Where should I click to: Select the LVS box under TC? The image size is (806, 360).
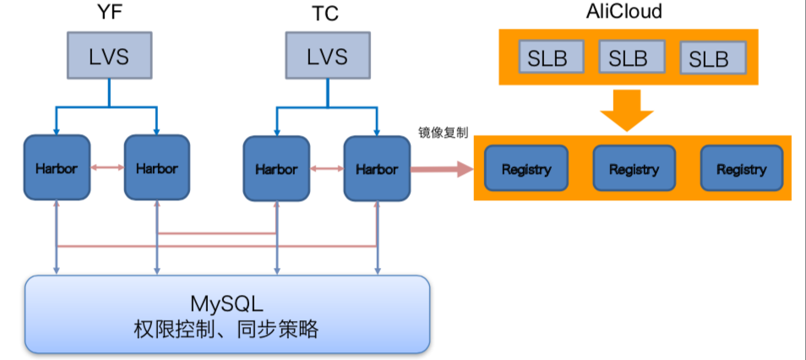[x=327, y=57]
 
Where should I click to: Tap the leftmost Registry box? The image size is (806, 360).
[x=526, y=168]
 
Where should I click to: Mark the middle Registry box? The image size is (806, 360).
[x=634, y=168]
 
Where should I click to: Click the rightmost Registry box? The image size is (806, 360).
[x=741, y=168]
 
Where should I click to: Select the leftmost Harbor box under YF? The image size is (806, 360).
[x=57, y=168]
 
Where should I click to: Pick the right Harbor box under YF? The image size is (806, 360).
[x=157, y=168]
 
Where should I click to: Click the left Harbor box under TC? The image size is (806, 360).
[x=276, y=168]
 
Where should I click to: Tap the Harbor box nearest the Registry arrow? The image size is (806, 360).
[x=377, y=168]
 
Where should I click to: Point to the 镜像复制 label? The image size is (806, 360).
[x=444, y=133]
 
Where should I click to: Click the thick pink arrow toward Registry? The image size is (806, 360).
[x=442, y=169]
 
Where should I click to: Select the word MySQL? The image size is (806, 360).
[x=226, y=303]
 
